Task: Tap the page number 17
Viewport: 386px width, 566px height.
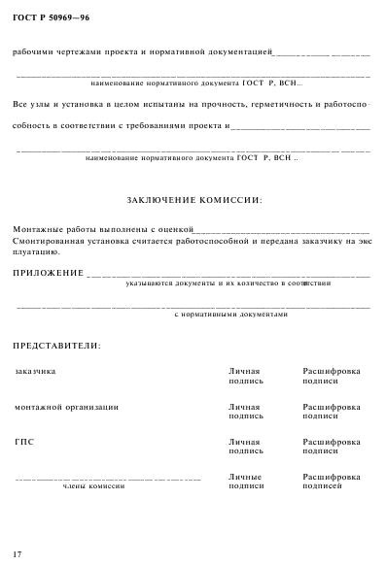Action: pyautogui.click(x=17, y=552)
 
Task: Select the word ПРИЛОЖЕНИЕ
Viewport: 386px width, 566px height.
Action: pyautogui.click(x=48, y=273)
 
